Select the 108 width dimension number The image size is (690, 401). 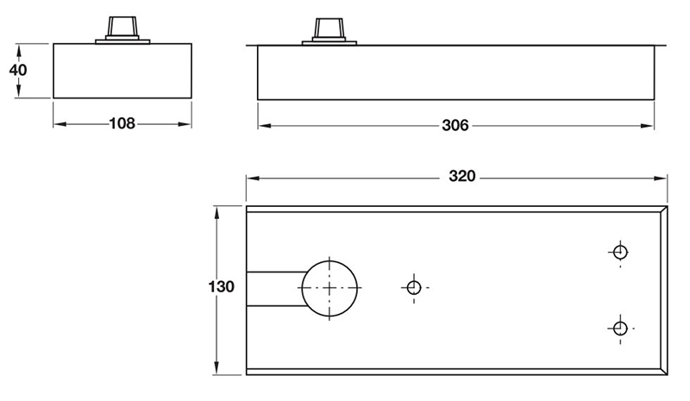[122, 123]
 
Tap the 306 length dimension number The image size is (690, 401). [455, 126]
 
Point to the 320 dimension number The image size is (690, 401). [462, 177]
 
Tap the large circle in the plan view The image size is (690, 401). [329, 287]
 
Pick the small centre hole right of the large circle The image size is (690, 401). [413, 286]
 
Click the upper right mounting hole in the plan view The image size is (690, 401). [618, 253]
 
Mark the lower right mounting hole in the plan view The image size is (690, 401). [618, 328]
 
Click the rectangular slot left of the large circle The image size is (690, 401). [273, 287]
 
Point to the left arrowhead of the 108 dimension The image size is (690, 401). [59, 123]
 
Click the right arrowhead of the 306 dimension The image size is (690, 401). [649, 126]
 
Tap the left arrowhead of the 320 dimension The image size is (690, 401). [252, 178]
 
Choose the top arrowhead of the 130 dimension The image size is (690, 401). [219, 211]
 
